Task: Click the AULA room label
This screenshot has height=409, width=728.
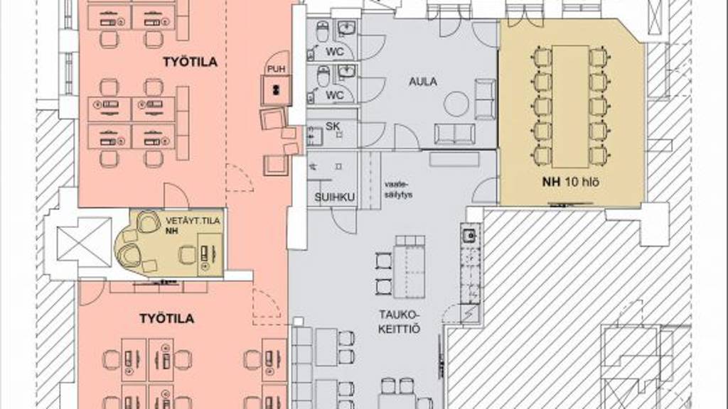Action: click(x=422, y=82)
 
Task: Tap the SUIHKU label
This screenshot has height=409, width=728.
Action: click(x=335, y=197)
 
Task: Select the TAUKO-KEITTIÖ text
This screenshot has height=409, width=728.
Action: click(x=399, y=322)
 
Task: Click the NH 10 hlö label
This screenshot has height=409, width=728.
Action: click(x=571, y=182)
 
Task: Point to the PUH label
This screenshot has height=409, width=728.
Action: click(x=277, y=69)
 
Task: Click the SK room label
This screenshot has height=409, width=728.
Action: click(x=333, y=126)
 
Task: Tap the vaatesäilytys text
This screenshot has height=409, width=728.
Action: click(x=398, y=189)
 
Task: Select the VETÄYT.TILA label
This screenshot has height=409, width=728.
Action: click(x=193, y=221)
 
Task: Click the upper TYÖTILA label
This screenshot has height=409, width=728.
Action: click(x=190, y=62)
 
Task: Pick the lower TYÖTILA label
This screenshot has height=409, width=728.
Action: click(x=166, y=319)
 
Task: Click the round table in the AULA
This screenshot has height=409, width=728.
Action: click(x=458, y=104)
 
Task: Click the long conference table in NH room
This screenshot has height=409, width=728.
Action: click(x=571, y=107)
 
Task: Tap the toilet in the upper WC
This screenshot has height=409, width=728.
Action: click(x=323, y=31)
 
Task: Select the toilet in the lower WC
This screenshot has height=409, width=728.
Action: click(x=323, y=76)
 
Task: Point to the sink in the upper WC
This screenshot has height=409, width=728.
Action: click(x=346, y=28)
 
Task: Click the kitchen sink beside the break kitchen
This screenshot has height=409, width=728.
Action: click(x=470, y=236)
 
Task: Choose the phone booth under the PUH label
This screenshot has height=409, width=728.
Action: click(x=276, y=90)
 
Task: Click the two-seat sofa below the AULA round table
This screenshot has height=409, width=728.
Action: click(x=455, y=133)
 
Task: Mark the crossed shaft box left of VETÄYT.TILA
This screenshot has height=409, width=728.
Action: click(x=84, y=240)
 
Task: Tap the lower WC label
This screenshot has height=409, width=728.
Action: click(x=335, y=96)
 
